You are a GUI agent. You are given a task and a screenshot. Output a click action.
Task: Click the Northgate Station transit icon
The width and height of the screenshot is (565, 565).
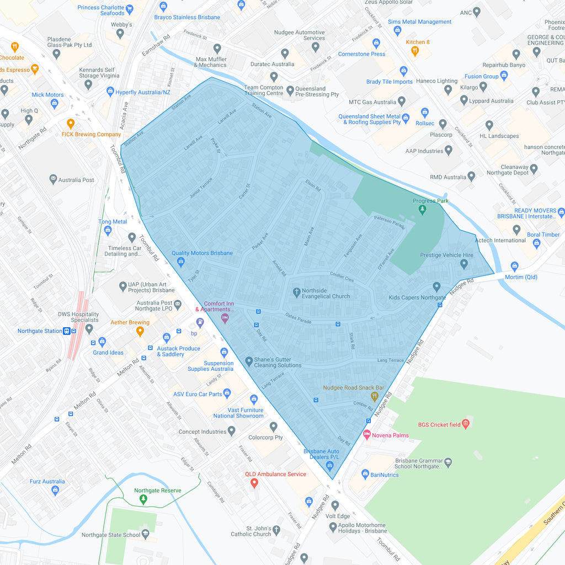tap(66, 331)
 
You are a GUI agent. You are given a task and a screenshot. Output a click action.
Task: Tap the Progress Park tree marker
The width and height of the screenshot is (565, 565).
tap(422, 210)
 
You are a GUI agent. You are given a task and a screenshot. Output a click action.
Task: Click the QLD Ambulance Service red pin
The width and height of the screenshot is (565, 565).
tap(254, 483)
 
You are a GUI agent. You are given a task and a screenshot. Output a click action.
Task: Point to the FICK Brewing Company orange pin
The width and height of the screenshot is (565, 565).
tap(71, 124)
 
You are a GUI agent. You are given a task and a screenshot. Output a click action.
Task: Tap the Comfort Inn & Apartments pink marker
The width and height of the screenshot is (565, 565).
tap(225, 318)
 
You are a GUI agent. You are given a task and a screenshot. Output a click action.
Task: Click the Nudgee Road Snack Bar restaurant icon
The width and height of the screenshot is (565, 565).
tap(375, 396)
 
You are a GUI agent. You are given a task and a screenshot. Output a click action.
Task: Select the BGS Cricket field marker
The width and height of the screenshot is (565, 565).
tap(466, 424)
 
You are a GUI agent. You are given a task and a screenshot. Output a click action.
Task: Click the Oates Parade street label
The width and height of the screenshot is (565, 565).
tap(299, 318)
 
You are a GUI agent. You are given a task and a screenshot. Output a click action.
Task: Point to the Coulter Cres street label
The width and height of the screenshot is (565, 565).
tap(342, 277)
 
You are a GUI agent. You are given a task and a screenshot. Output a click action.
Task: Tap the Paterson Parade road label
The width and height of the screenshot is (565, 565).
tap(390, 222)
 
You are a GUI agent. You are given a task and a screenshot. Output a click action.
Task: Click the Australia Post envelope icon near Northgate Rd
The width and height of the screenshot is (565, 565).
tap(53, 179)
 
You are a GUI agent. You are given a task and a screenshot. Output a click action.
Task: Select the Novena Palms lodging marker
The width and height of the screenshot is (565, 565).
tap(367, 435)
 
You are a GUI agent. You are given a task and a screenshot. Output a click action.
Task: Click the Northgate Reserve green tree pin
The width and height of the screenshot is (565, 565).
tap(143, 499)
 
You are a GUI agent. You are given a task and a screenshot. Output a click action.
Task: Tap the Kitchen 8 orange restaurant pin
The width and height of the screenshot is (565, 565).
tap(415, 51)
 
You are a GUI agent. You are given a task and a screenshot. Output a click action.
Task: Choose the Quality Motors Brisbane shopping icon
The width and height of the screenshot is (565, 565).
tap(180, 262)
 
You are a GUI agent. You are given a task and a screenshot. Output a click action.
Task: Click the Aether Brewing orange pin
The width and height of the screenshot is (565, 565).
tap(140, 331)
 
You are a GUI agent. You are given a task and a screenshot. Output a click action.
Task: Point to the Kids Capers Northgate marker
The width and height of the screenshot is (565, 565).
tap(436, 287)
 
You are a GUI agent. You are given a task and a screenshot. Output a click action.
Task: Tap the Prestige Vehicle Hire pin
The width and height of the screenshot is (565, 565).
tap(463, 264)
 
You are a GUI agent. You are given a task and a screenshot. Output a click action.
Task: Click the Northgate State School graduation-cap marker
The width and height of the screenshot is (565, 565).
tap(145, 534)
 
